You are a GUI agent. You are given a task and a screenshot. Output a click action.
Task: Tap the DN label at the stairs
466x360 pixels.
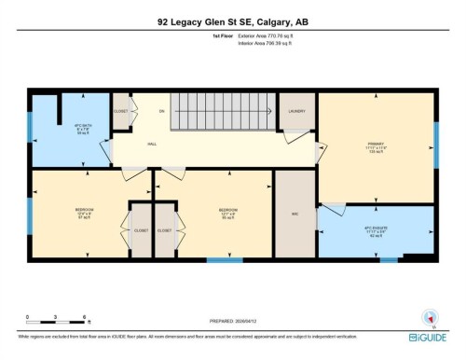[161, 111]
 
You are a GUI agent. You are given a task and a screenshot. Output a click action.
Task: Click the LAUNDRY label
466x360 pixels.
[297, 111]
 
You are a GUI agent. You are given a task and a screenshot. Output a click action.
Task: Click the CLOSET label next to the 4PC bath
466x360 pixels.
[120, 112]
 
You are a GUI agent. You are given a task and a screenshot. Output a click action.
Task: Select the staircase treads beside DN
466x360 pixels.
[224, 118]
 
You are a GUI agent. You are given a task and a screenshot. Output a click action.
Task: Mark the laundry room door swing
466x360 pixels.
[293, 136]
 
